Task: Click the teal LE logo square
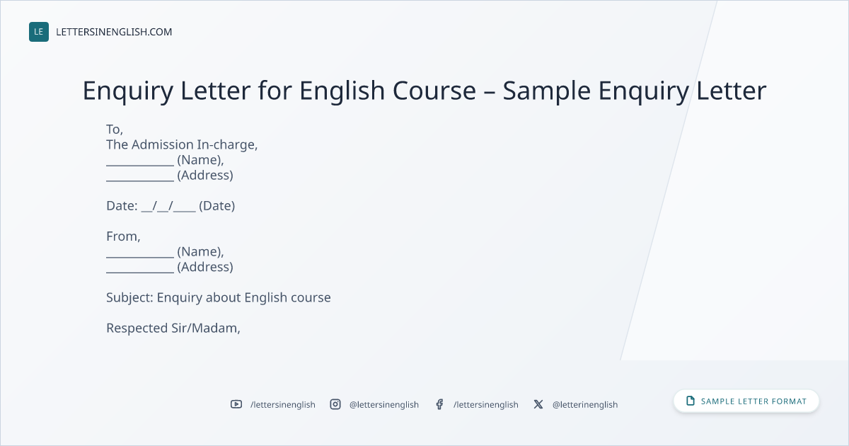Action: coord(39,32)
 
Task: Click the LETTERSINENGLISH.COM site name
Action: coord(114,32)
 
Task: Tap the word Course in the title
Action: coord(434,91)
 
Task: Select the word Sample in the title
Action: coord(546,91)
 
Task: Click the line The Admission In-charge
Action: coord(182,144)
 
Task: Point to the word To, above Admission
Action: coord(115,130)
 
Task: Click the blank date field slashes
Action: coord(168,206)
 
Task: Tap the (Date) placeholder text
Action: coord(216,206)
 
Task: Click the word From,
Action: coord(123,236)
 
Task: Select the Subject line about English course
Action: coord(219,298)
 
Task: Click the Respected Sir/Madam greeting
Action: coord(173,328)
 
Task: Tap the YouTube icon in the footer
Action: coord(236,404)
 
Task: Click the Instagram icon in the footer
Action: coord(335,404)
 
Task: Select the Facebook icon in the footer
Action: coord(439,404)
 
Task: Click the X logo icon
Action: coord(538,404)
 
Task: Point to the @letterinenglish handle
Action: coord(585,405)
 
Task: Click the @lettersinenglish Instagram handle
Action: coord(384,405)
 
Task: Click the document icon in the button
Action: coord(691,401)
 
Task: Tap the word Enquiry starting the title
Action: coord(128,91)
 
